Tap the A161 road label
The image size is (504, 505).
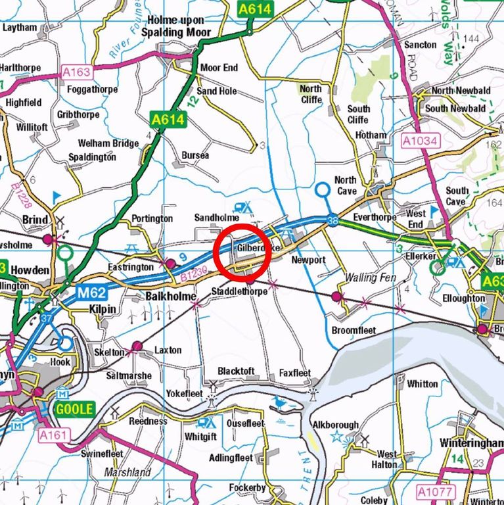54,435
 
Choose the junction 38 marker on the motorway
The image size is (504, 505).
332,222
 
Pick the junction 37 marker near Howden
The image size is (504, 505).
45,318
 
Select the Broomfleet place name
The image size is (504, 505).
354,330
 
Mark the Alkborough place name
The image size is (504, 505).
335,425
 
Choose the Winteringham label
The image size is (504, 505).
470,441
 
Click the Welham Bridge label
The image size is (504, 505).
108,143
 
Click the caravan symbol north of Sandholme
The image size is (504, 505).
243,207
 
